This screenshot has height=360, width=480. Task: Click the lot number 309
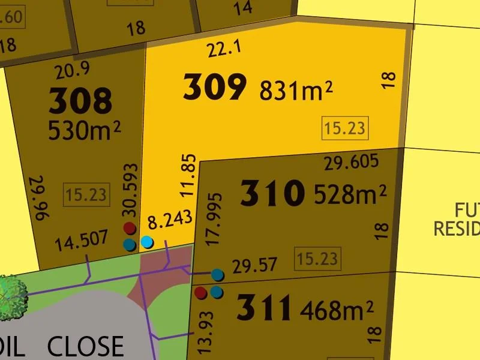point(214,88)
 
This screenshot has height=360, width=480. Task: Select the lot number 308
point(80,101)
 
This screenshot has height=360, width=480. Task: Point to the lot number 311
point(264,308)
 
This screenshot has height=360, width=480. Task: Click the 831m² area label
point(296,91)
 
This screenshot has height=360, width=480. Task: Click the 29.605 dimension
point(351,162)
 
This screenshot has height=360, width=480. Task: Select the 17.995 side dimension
point(217,219)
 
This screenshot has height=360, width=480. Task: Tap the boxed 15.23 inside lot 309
point(344,128)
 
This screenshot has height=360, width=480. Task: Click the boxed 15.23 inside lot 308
point(86,195)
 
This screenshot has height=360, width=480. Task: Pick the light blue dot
point(146,242)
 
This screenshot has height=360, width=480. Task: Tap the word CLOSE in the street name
point(85,347)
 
